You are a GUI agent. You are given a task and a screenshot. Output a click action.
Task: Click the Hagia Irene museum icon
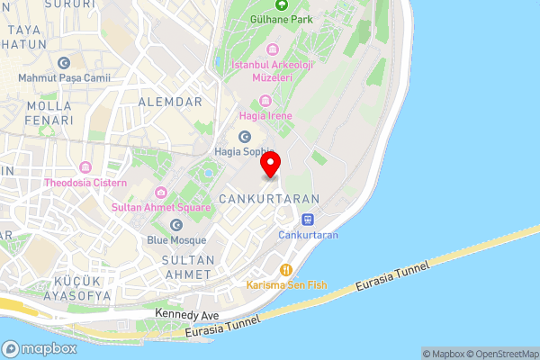(265, 100)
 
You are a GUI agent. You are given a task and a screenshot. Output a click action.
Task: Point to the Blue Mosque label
(176, 240)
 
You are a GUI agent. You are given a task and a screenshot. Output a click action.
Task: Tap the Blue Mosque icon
(176, 223)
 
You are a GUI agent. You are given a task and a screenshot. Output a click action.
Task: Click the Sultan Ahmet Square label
(161, 207)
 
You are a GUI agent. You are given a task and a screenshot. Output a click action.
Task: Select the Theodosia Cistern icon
(85, 167)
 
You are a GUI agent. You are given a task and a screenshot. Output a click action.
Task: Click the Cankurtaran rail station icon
(308, 218)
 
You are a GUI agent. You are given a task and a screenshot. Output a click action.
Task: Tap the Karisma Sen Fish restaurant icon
(287, 268)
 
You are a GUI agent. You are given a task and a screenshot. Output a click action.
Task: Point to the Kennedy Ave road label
(187, 313)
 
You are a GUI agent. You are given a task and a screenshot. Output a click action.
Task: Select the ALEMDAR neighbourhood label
(170, 102)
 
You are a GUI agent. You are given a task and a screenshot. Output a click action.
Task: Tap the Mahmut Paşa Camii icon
(63, 62)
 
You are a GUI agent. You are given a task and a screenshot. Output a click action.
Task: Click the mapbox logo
(40, 348)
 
